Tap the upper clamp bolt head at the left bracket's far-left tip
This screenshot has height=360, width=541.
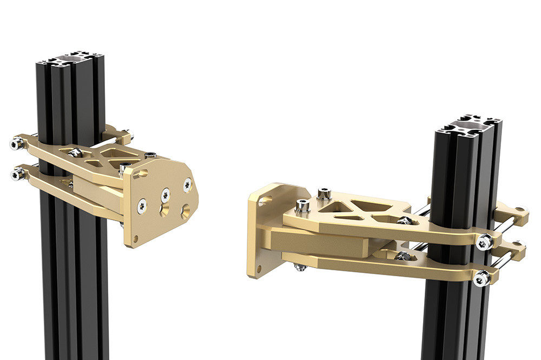click(x=16, y=144)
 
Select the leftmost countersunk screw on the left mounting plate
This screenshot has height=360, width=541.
click(x=142, y=204)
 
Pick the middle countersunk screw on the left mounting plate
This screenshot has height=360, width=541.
click(x=165, y=192)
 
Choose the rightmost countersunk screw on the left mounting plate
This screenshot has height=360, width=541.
click(x=187, y=185)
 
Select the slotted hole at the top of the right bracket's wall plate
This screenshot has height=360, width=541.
click(x=263, y=199)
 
